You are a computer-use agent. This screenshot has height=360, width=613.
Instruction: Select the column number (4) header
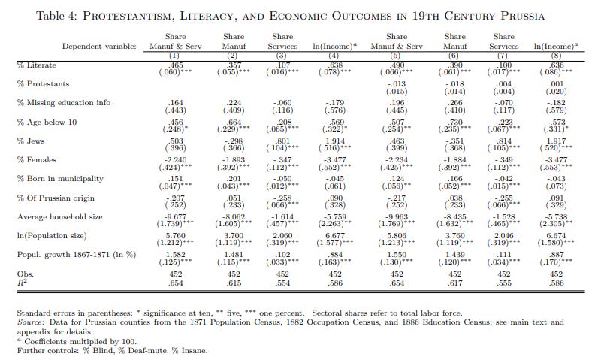click(331, 56)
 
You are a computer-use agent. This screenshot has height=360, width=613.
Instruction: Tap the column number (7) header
click(504, 56)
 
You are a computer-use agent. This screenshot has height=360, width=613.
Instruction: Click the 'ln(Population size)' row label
click(53, 235)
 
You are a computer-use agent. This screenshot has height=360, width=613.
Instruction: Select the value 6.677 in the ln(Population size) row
click(331, 235)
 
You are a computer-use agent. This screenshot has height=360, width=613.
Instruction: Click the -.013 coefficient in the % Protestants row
click(397, 83)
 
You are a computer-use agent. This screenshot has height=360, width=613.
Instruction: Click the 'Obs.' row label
click(26, 274)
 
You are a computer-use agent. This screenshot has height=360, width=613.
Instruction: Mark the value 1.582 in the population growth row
click(174, 254)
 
